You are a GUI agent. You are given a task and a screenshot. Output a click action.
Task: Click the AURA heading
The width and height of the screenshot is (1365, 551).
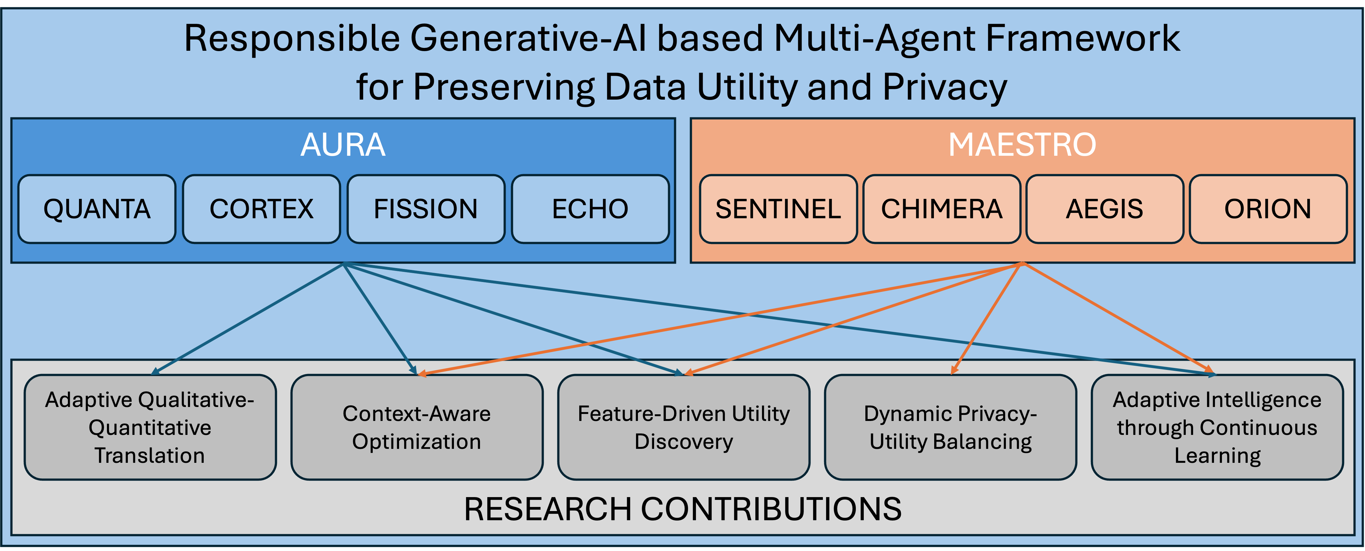coord(343,145)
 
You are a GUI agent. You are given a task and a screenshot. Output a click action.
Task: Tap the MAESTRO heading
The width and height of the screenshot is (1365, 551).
coord(1022,145)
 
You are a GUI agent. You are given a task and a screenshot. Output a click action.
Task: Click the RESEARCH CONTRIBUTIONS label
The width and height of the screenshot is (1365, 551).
coord(683,509)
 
